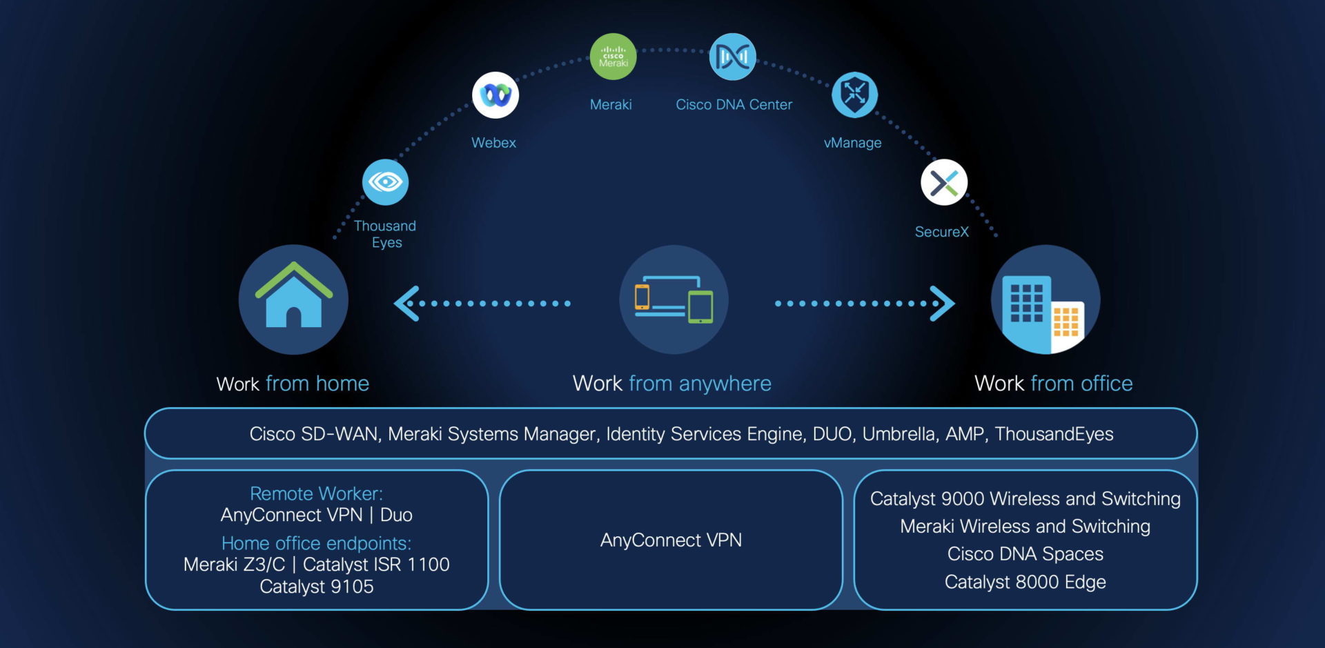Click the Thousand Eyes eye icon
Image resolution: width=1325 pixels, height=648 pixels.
(385, 182)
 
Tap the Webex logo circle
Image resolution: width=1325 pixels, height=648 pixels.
(495, 95)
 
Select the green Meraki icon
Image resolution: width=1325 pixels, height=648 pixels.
(613, 57)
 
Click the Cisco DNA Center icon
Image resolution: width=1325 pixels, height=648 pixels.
(732, 57)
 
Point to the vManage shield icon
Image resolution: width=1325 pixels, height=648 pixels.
(854, 95)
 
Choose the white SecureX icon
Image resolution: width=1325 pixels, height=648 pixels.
(944, 183)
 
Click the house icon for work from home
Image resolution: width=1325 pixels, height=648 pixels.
(294, 300)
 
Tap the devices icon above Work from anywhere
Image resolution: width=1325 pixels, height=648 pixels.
(674, 300)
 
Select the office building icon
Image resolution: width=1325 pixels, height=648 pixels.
(1046, 300)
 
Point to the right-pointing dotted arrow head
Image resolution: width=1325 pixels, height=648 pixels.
(943, 304)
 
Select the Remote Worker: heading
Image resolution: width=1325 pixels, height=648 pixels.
(316, 494)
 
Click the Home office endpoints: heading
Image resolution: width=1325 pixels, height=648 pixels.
(316, 544)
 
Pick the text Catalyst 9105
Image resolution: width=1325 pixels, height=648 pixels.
(316, 587)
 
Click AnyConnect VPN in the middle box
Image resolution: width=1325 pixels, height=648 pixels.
(671, 540)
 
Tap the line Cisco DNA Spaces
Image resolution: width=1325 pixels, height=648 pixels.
(1025, 554)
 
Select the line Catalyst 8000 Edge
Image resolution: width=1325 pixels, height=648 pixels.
(1025, 582)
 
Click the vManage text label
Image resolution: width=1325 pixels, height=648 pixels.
(852, 143)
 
